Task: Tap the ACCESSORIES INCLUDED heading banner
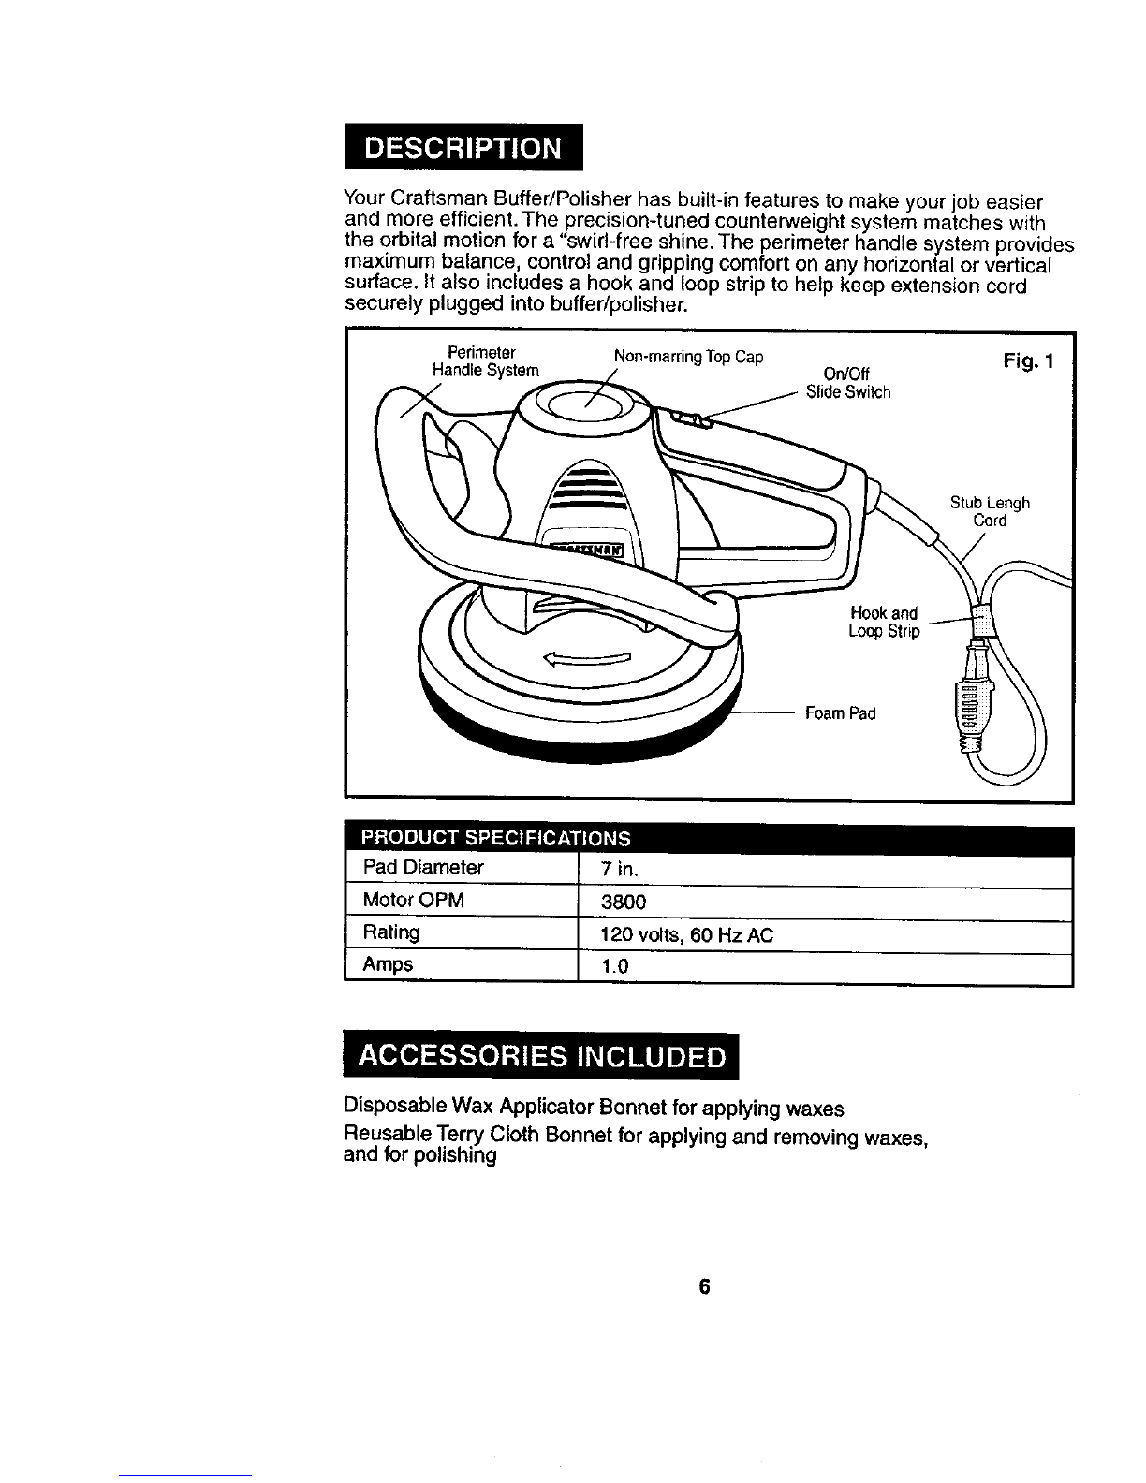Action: (542, 1056)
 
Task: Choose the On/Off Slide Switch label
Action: (848, 384)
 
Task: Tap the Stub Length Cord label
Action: (990, 511)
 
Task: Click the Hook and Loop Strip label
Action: (884, 622)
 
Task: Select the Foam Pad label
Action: (840, 713)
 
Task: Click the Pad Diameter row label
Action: (423, 867)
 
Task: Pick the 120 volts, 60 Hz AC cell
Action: (686, 934)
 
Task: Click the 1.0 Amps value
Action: (614, 967)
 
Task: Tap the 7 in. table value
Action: (619, 869)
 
